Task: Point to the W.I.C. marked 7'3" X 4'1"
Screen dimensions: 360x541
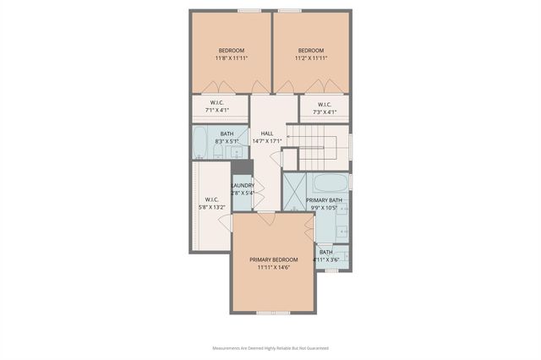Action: [x=325, y=108]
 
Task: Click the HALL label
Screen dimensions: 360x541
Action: [x=267, y=133]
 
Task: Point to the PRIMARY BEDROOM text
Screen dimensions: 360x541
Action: [x=274, y=259]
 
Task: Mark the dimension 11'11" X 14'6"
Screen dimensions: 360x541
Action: [x=274, y=267]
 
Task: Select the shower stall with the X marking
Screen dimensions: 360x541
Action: [x=293, y=191]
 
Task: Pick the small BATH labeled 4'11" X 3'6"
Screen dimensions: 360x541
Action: [x=326, y=255]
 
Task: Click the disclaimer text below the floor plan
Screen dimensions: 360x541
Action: [x=270, y=347]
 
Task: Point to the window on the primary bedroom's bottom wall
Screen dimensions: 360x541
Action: [x=273, y=313]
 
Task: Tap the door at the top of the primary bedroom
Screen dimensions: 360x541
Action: [x=266, y=219]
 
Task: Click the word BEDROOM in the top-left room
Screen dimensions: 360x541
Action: [x=231, y=51]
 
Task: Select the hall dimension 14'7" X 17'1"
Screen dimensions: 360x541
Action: [x=267, y=141]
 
